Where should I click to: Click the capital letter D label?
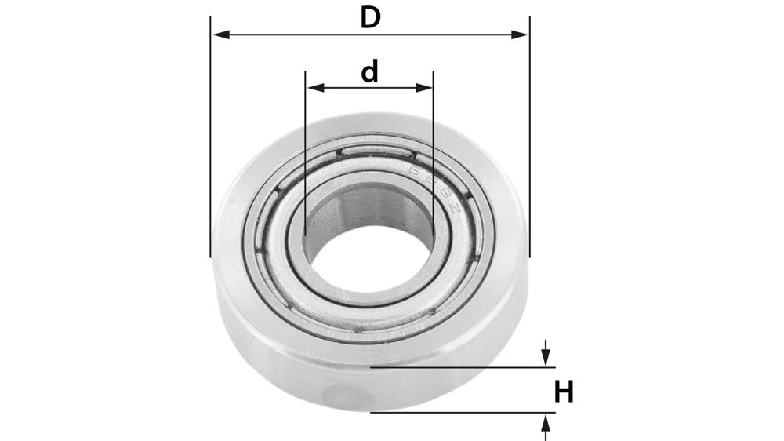[x=370, y=17]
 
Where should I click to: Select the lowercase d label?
[x=369, y=72]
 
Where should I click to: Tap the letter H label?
[x=564, y=392]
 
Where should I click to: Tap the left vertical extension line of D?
[x=211, y=157]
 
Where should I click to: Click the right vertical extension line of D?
[x=529, y=157]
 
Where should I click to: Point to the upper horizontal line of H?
[x=463, y=366]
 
